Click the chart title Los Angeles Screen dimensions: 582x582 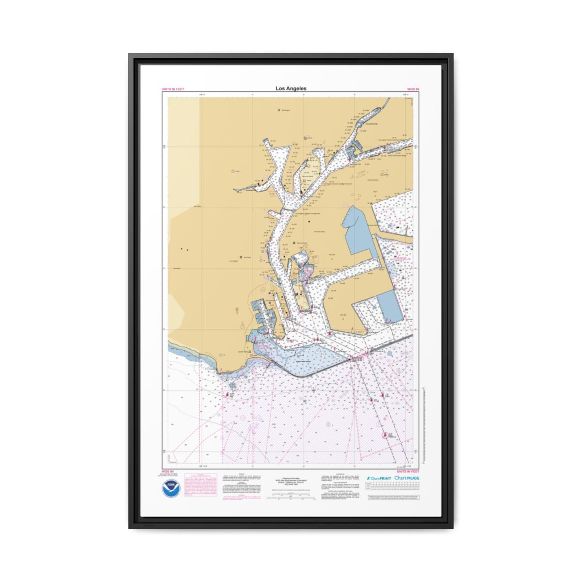click(x=291, y=88)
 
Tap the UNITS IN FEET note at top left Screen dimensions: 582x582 click(x=173, y=89)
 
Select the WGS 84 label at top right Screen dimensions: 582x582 click(x=413, y=89)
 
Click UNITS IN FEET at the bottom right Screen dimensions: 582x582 click(x=408, y=471)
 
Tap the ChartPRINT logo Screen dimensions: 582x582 click(x=379, y=478)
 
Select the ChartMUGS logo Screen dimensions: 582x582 click(x=407, y=478)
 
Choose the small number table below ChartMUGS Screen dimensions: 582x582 click(x=393, y=488)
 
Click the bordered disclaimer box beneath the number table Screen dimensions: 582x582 click(x=393, y=498)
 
